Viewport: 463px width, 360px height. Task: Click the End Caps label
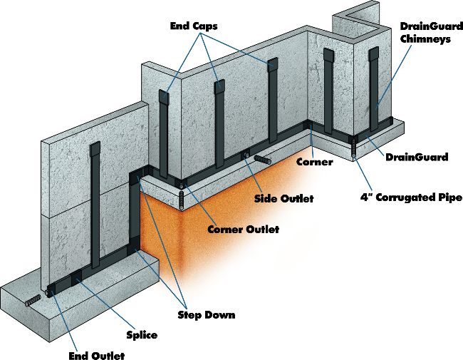[x=194, y=26]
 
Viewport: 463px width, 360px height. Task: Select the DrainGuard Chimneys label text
[x=426, y=34]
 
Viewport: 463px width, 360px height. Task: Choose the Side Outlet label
[x=283, y=197]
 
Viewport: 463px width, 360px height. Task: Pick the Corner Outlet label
[x=243, y=230]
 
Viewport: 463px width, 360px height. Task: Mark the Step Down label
[x=207, y=314]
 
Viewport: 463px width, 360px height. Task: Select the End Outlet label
[x=95, y=355]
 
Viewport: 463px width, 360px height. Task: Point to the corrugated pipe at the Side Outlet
[x=264, y=162]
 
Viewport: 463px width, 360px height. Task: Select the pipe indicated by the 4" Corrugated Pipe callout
[x=353, y=150]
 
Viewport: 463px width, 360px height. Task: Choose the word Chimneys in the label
[x=426, y=40]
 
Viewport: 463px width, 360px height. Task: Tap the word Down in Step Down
[x=221, y=314]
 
